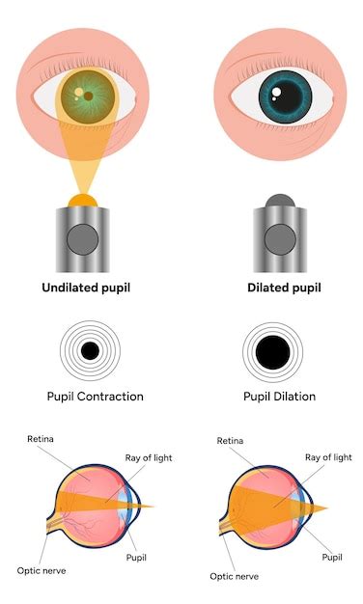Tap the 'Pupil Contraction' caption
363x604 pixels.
tap(95, 396)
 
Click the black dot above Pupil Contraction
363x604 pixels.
tap(90, 351)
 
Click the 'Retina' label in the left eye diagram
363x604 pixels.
tap(42, 439)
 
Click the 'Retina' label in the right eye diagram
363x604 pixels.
tap(231, 441)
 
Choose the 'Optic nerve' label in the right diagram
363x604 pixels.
tap(235, 575)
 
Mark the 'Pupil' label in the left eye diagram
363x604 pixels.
tap(136, 557)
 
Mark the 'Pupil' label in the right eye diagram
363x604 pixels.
tap(332, 557)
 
